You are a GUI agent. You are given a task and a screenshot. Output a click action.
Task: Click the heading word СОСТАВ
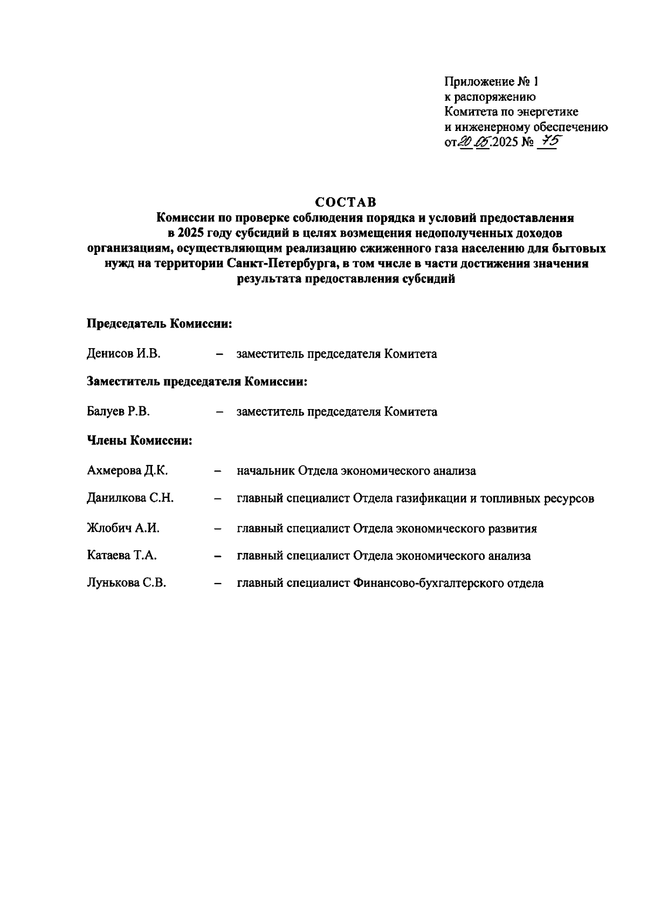[x=346, y=202]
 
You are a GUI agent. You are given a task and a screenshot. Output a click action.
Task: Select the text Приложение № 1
[x=491, y=82]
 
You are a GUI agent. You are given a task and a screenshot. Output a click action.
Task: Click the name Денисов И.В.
[x=124, y=354]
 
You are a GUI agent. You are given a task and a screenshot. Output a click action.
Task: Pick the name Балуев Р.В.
[x=119, y=412]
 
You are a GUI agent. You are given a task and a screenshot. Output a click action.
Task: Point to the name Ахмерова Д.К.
[x=127, y=470]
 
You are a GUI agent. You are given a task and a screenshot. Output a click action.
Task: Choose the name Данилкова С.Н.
[x=130, y=498]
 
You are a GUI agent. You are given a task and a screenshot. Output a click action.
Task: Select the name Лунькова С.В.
[x=126, y=583]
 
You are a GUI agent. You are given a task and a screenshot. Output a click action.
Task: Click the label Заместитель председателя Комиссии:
[x=197, y=382]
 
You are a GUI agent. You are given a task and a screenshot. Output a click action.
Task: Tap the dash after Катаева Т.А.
[x=218, y=556]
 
